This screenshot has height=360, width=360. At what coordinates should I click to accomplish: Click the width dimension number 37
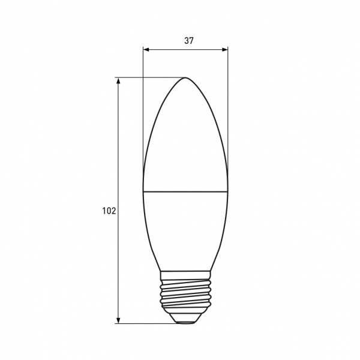click(189, 41)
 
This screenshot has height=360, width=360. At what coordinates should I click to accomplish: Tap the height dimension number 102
click(109, 211)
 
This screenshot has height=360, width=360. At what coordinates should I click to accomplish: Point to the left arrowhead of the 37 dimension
click(146, 50)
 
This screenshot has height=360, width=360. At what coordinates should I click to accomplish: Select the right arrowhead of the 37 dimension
click(226, 50)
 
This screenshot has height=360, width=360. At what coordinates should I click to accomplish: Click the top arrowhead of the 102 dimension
click(118, 80)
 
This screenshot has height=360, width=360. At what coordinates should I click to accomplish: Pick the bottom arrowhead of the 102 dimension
click(118, 320)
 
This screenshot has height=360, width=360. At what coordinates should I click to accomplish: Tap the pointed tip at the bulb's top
click(185, 79)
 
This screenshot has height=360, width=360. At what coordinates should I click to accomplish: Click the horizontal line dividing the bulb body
click(185, 191)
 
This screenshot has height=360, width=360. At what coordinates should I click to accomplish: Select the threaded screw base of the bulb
click(185, 294)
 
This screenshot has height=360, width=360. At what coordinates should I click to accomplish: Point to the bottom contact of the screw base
click(185, 320)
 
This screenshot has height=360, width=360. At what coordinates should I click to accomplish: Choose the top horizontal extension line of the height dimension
click(150, 77)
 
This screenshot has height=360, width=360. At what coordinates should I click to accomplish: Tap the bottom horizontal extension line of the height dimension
click(150, 324)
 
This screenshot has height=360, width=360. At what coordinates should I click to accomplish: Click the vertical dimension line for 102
click(118, 150)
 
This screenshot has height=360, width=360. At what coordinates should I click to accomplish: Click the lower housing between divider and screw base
click(185, 231)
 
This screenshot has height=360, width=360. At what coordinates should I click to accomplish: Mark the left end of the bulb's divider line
click(143, 191)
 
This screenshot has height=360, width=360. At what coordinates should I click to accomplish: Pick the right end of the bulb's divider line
click(228, 191)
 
